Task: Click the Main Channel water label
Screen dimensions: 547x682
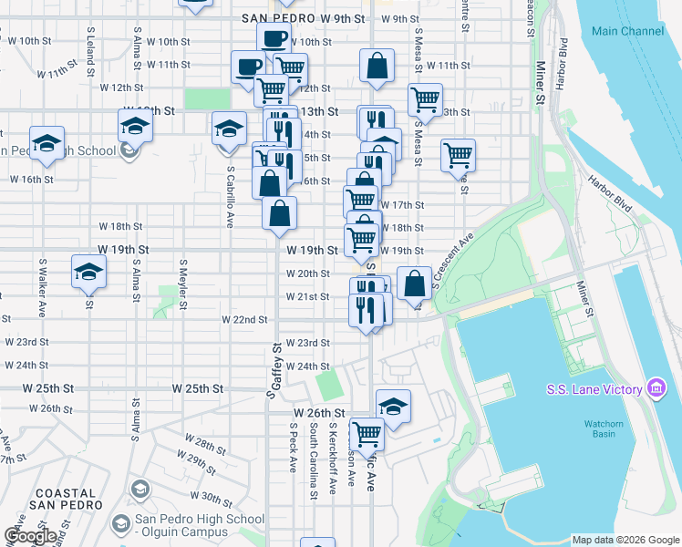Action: [627, 31]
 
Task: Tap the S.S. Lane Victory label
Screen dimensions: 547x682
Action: [595, 390]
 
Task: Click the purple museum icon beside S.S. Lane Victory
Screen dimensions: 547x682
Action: [656, 389]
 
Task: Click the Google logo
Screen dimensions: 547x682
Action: [30, 536]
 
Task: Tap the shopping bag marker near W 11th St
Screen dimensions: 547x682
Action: [377, 66]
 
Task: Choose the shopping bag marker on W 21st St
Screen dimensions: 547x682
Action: [414, 283]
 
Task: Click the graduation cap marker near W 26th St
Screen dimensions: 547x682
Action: [393, 406]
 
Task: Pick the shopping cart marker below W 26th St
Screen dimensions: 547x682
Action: [367, 432]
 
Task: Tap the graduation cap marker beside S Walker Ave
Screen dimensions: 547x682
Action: [89, 271]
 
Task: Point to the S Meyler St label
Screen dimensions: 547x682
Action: [183, 285]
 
